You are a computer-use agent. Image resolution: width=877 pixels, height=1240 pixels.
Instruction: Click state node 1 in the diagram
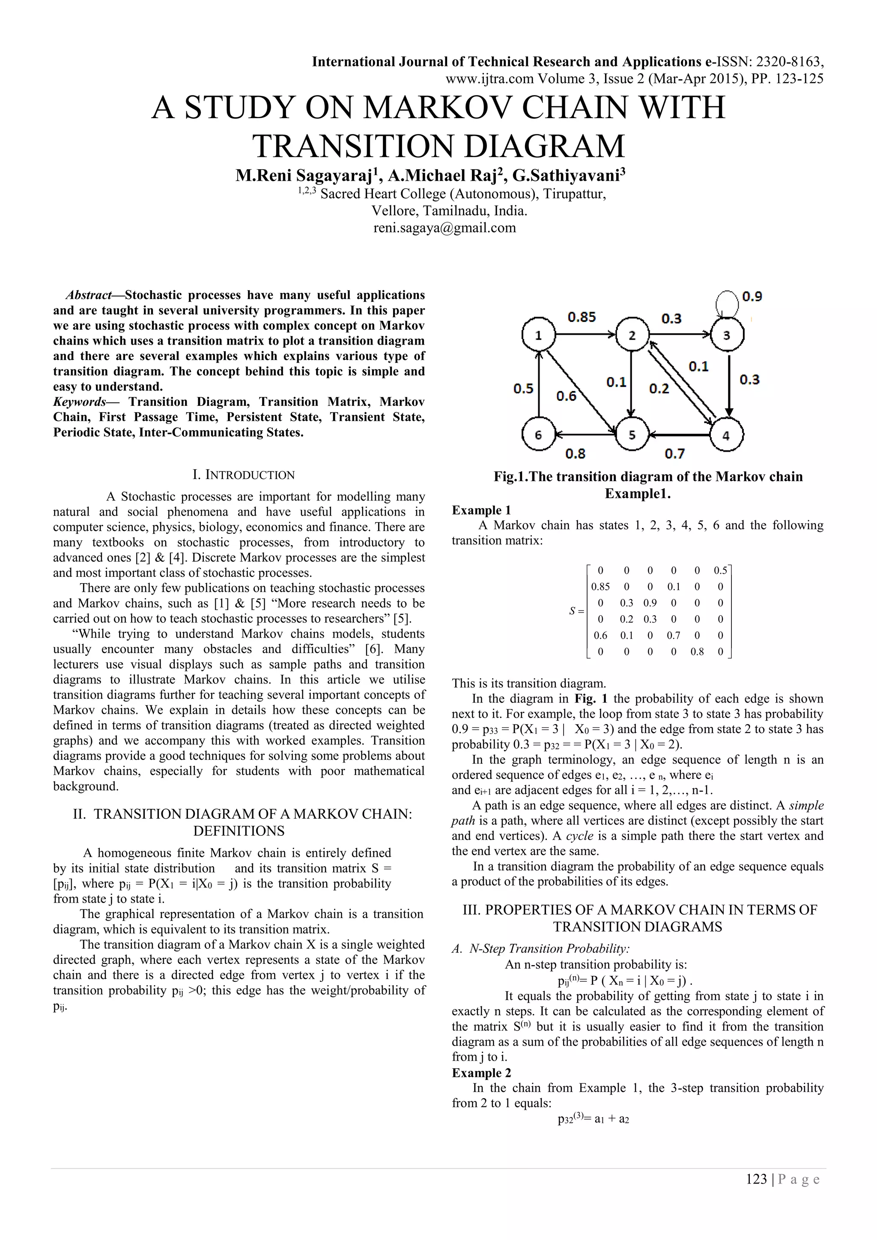538,335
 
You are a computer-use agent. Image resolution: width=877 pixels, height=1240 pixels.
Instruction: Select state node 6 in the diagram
538,435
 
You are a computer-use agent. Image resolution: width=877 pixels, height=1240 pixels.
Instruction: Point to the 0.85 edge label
582,317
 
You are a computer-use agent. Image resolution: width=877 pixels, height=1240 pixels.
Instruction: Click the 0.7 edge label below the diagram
674,454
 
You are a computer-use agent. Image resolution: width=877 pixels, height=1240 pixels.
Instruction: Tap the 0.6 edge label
566,396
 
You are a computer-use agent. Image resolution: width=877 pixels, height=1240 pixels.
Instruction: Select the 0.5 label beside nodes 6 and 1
523,389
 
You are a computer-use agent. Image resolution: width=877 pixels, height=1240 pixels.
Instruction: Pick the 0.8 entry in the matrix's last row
697,652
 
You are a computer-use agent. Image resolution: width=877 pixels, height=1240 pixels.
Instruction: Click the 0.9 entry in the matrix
650,603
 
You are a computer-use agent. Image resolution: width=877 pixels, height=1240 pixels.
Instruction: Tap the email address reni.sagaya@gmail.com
444,228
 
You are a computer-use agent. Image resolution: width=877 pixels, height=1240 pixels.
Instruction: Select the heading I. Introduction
244,475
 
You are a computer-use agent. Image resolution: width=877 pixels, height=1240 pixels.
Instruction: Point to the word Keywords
79,402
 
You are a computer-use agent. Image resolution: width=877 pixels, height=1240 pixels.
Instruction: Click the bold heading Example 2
481,1073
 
